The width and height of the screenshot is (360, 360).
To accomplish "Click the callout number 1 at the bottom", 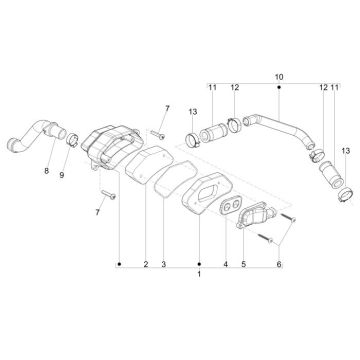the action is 199,275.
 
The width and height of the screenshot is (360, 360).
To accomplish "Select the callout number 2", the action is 146,264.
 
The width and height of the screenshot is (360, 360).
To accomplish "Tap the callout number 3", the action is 163,264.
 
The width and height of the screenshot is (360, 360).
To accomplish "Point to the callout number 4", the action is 225,264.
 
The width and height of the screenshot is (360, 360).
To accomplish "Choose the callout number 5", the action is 243,264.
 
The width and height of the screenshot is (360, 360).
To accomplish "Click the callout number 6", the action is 279,264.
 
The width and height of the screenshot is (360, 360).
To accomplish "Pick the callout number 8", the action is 46,171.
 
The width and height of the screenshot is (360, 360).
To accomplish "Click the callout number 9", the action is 62,175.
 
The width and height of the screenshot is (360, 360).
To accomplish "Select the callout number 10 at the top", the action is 279,77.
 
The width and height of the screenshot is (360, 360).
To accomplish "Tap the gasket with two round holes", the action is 228,207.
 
